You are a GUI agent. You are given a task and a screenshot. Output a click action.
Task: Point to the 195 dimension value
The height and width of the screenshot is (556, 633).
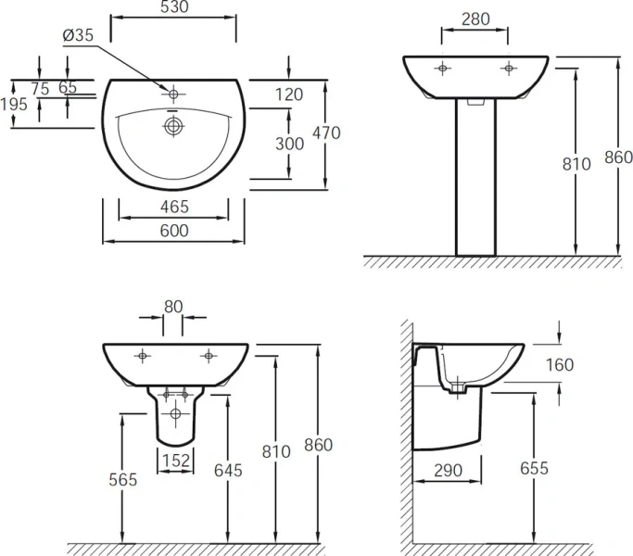point(14,104)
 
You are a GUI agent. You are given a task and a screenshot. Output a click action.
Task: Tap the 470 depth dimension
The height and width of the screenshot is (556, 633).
point(326,133)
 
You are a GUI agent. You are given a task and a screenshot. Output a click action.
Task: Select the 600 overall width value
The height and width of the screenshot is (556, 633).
point(173,230)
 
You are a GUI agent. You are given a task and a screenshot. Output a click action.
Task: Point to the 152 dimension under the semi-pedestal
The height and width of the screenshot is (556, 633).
point(176,461)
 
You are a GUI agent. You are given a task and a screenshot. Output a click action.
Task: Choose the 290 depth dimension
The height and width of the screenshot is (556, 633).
point(448,470)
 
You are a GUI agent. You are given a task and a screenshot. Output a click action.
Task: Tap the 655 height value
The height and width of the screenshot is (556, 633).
point(533,468)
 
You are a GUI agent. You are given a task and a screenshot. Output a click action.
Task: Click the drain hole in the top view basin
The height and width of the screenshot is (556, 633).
point(172,125)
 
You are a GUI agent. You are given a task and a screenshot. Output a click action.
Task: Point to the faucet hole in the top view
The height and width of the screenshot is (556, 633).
point(172,93)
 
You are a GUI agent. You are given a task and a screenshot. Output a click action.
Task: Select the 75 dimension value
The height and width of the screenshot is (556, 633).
point(40,88)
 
